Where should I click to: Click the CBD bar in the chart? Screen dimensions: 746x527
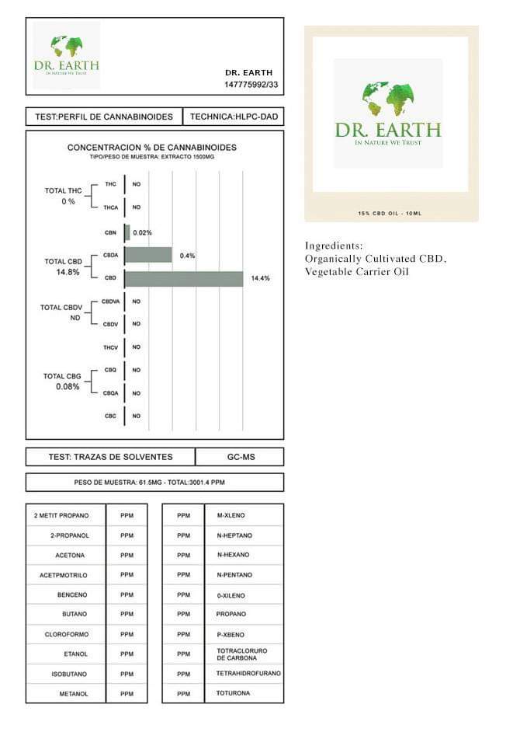[184, 278]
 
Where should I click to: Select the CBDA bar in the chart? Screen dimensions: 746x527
[148, 255]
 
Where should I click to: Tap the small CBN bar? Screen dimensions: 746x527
[127, 232]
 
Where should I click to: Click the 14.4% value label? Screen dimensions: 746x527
[260, 278]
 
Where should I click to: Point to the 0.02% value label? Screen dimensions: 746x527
[143, 232]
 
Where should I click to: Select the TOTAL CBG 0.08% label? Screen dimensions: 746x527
[62, 381]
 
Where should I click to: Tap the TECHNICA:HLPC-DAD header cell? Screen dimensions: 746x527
[233, 117]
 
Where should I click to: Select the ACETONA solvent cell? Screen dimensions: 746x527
[70, 556]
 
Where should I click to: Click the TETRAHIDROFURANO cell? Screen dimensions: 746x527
[248, 673]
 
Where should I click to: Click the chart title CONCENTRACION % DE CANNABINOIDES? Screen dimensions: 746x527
[152, 147]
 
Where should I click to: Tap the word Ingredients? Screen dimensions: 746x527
[334, 246]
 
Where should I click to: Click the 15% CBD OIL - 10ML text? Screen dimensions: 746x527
[390, 213]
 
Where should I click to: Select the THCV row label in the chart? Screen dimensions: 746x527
[110, 347]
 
